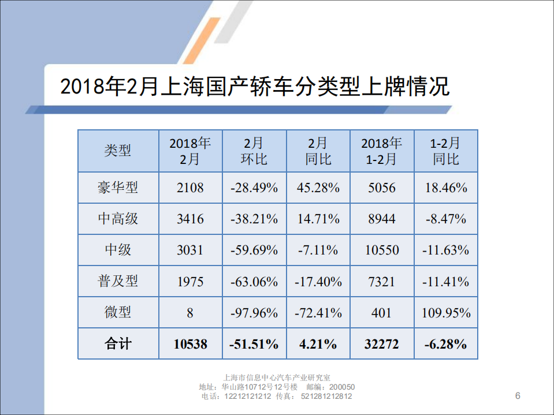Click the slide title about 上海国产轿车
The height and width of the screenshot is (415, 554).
point(254,87)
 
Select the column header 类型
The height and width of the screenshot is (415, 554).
point(118,151)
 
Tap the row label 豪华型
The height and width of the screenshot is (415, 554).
point(118,188)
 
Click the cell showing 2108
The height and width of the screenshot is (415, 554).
point(190,188)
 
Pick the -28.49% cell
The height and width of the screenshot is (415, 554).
point(254,188)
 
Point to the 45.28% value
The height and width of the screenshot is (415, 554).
point(318,188)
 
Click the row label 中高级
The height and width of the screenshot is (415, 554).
point(118,219)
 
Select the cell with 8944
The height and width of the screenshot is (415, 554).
point(381,219)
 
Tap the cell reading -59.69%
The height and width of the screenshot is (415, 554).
point(254,250)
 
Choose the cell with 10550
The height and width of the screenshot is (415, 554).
point(381,250)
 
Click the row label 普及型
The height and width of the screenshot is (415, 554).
point(118,281)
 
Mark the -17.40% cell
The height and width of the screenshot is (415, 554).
point(318,281)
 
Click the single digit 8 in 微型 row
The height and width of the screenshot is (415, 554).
point(190,313)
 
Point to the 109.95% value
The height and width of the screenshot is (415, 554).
point(446,313)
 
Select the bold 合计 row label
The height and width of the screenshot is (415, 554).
point(118,344)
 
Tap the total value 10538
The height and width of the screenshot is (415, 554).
point(190,344)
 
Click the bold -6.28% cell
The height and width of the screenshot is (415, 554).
point(446,344)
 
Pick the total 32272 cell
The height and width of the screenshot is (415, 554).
point(381,344)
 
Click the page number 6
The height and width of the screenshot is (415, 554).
point(518,395)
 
